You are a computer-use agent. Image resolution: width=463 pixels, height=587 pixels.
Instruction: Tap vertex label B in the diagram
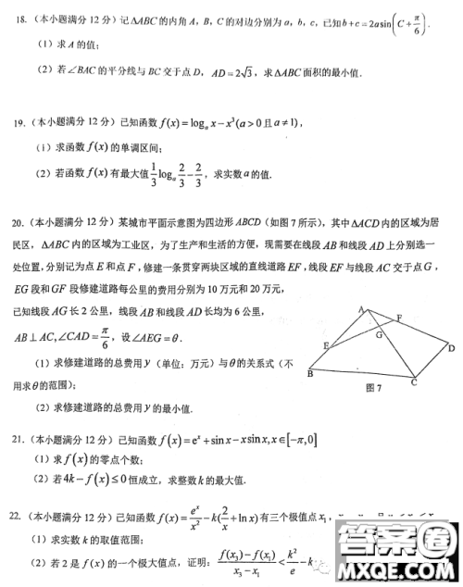(x=308, y=376)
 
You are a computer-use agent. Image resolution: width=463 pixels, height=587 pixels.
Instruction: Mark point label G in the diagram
(x=380, y=335)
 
